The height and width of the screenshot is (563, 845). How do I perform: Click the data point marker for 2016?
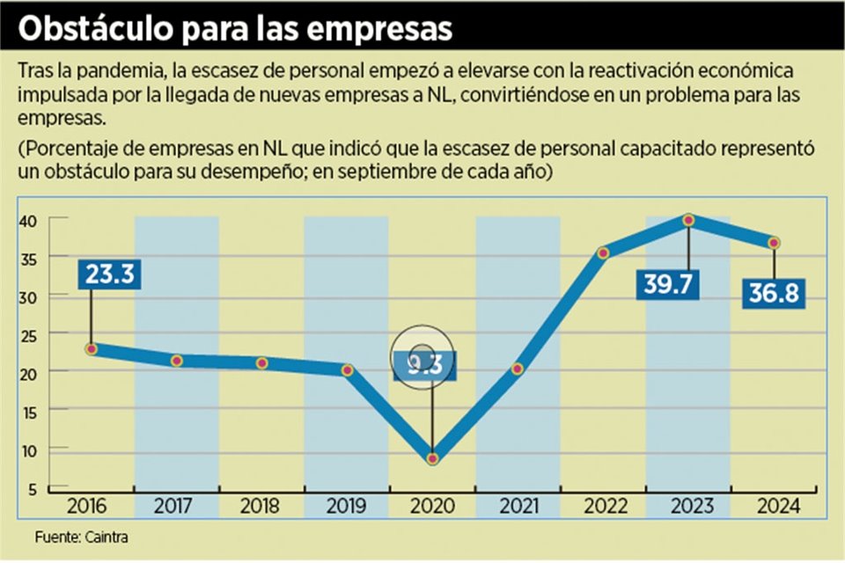point(92,349)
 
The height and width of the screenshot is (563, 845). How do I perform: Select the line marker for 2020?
point(432,458)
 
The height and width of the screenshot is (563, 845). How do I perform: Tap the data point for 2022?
point(603,253)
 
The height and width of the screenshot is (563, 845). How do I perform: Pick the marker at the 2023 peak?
point(688,220)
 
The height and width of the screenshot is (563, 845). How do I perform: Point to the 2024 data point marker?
point(774,243)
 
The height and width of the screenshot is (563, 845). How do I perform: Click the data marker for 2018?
point(261,363)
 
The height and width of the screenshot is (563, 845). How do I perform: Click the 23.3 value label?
point(110,274)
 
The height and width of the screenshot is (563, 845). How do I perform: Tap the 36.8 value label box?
point(775,293)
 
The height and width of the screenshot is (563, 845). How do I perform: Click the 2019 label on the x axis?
point(346,507)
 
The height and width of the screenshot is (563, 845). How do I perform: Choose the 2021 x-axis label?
point(518,507)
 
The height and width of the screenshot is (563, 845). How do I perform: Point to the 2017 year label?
point(176,507)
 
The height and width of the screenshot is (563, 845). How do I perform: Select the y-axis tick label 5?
point(32,489)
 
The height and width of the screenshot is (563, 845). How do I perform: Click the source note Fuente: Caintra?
point(75,537)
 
